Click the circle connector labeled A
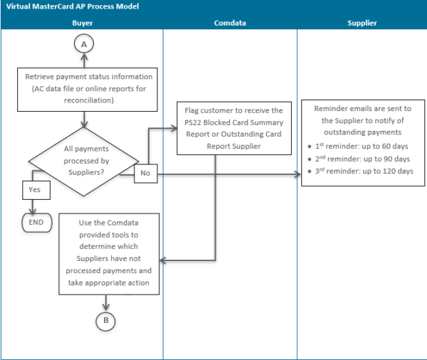85,44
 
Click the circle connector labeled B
105,320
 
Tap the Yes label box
35,190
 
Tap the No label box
146,172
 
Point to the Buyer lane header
83,23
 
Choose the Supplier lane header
362,23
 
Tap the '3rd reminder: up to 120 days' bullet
363,171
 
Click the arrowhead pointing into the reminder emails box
297,174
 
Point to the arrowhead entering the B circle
105,307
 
